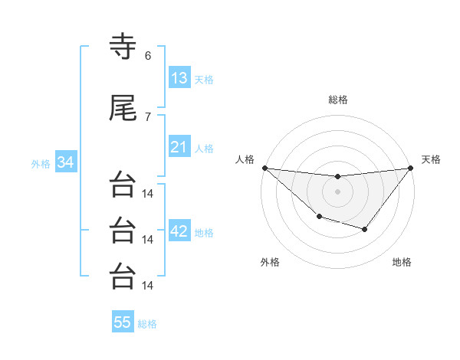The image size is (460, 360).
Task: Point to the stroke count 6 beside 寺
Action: click(x=148, y=55)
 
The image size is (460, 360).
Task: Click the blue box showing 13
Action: click(x=179, y=77)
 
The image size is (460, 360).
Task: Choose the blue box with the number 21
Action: click(x=179, y=146)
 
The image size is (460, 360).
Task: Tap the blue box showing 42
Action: click(x=179, y=231)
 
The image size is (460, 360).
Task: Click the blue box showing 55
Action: click(x=123, y=322)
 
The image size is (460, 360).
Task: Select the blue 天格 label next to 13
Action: click(x=204, y=80)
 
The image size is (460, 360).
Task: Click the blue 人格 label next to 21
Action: click(x=204, y=149)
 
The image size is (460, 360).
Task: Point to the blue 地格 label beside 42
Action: click(x=204, y=233)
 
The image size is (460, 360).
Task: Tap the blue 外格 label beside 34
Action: click(x=41, y=164)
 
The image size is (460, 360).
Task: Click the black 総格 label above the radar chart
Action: click(x=338, y=100)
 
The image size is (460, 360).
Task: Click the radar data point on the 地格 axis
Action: click(x=365, y=229)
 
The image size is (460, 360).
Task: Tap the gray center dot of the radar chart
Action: click(x=337, y=191)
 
